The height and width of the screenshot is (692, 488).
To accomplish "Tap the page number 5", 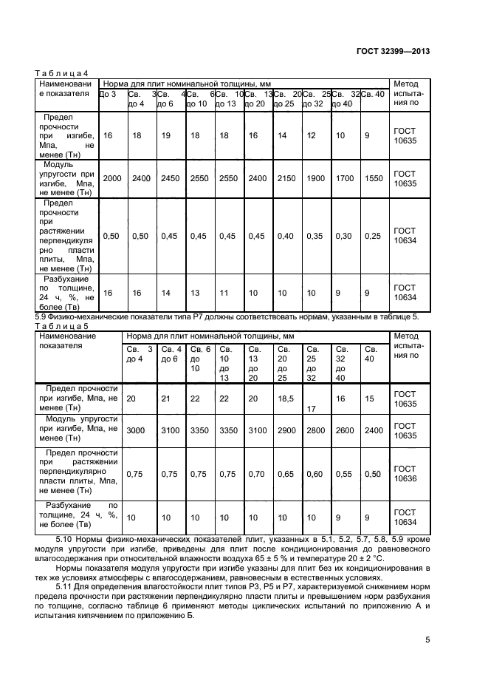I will coord(427,641).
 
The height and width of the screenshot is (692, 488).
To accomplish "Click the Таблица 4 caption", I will coord(62,72).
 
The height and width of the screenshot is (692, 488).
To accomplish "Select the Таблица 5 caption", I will coord(62,325).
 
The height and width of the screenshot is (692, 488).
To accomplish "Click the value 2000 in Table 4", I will coord(112,178).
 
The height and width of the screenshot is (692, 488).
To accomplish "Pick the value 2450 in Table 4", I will coord(171,178).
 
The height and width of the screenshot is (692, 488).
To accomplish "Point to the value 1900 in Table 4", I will coord(315,178).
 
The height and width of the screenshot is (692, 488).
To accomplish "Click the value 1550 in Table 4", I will coord(374,178).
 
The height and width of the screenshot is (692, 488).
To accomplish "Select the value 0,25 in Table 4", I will coord(373,236).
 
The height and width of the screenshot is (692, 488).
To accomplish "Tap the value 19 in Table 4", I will coord(166,136).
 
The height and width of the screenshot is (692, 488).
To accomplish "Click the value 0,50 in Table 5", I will coord(373,474).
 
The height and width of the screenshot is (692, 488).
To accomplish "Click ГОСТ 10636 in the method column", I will coord(405,474).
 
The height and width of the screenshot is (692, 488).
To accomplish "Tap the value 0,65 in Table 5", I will coord(285,474).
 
